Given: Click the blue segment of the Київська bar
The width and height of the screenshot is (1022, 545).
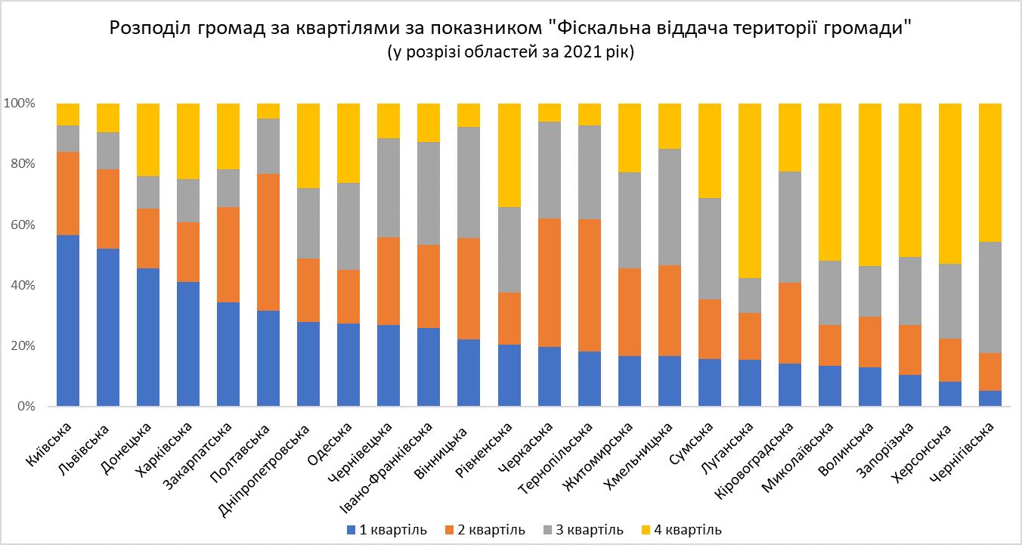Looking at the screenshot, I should [x=68, y=320].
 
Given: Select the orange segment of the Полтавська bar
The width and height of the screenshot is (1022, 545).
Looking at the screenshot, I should [x=268, y=242].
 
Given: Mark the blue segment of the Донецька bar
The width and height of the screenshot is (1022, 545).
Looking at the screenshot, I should [x=148, y=337].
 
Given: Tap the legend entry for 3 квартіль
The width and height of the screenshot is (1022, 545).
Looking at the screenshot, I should [x=583, y=529].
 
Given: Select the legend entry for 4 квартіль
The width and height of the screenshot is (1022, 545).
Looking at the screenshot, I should [x=681, y=529].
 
